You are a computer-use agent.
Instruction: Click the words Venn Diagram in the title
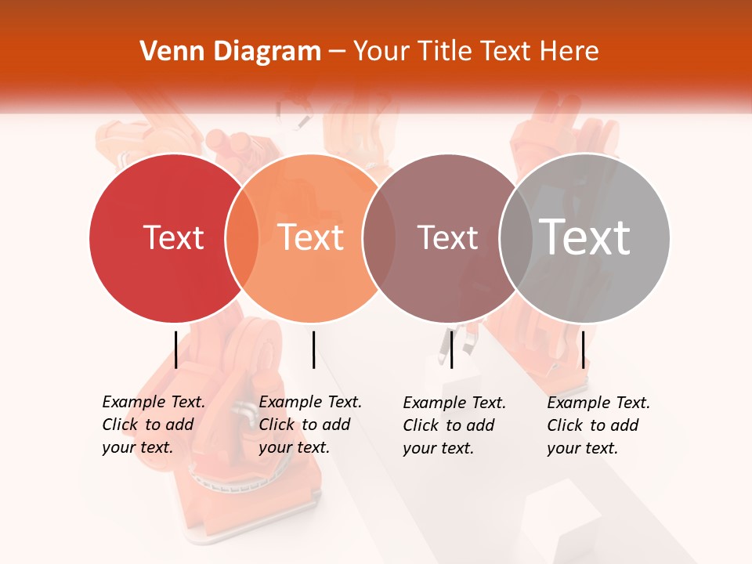(230, 52)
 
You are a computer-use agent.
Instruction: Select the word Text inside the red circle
(173, 237)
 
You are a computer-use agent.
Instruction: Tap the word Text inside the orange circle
(311, 237)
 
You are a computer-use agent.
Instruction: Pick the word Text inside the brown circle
(447, 237)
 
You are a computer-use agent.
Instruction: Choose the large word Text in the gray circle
(584, 237)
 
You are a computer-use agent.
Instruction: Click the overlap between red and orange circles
(242, 238)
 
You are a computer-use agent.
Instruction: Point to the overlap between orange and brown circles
(378, 238)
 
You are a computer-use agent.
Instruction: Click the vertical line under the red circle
(175, 349)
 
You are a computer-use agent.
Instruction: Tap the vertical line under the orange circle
(313, 349)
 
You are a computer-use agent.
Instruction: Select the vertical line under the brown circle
(451, 349)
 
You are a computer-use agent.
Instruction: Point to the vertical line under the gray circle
(583, 349)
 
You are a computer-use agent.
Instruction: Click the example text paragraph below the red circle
(154, 425)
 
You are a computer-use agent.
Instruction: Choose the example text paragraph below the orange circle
(310, 425)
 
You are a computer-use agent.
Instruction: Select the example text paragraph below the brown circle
(454, 425)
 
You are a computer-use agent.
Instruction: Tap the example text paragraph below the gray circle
(598, 425)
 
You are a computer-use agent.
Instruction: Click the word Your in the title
(379, 52)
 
